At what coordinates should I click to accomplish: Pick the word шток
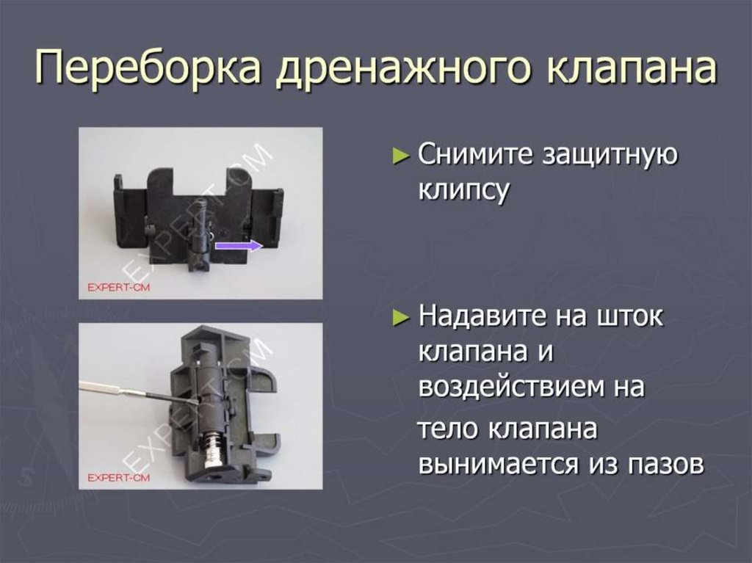(628, 317)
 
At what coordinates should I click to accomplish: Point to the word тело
(449, 430)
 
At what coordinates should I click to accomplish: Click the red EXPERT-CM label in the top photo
(118, 287)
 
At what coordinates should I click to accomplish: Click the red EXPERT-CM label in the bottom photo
(118, 477)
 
